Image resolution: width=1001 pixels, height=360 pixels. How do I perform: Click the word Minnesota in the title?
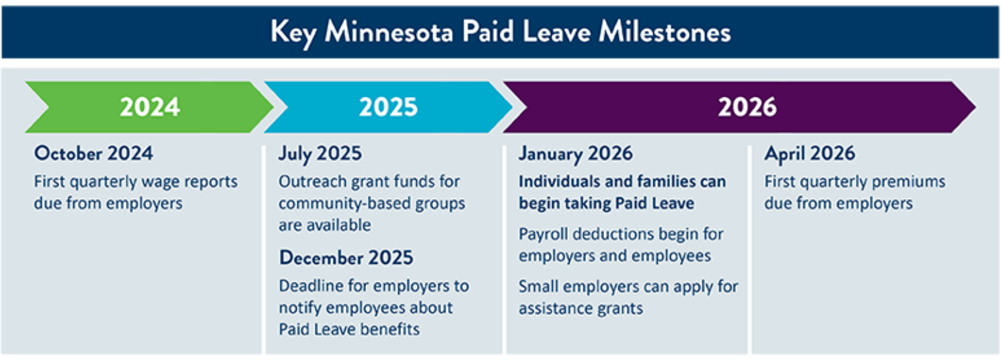tap(389, 33)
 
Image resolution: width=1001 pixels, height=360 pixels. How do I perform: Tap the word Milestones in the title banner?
tap(665, 33)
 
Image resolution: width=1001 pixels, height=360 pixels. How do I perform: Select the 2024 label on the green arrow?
tap(150, 108)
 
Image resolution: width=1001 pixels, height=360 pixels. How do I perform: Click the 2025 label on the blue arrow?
tap(388, 108)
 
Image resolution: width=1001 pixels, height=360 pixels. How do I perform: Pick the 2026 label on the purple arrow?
tap(747, 108)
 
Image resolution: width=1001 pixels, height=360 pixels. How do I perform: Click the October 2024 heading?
tap(94, 153)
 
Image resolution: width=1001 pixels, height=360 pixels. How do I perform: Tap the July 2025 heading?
tap(320, 154)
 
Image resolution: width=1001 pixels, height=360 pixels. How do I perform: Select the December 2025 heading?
tap(346, 258)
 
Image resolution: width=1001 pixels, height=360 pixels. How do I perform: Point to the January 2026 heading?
tap(576, 154)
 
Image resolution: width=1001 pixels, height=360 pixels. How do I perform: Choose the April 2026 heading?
tap(810, 154)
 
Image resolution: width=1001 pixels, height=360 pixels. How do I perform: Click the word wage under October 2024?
tap(160, 182)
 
